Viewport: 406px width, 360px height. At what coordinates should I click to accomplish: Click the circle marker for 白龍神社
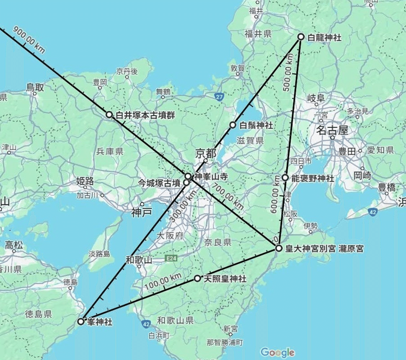point(301,37)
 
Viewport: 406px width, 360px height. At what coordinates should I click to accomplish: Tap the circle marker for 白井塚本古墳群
point(109,114)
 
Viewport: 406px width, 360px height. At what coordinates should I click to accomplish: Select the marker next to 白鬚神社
point(233,125)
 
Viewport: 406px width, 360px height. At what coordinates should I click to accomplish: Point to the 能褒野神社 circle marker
point(285,178)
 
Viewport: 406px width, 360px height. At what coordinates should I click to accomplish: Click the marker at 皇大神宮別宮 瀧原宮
point(279,248)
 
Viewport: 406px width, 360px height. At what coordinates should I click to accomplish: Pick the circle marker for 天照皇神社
point(197,278)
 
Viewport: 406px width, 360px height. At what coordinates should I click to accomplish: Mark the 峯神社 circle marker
point(81,321)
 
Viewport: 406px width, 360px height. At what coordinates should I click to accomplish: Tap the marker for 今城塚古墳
point(186,182)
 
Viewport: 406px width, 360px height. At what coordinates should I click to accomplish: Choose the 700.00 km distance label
point(228,196)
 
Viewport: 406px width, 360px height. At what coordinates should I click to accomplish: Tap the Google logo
point(277,352)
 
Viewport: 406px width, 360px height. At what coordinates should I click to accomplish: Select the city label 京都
point(206,153)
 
